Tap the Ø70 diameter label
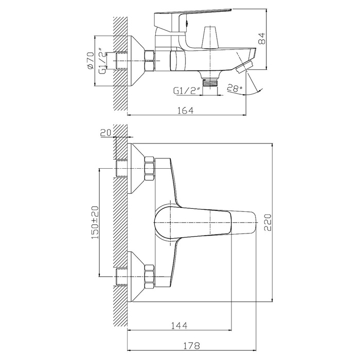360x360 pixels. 89,61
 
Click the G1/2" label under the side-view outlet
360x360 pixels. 186,91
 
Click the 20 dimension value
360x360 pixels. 106,133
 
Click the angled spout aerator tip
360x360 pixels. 247,65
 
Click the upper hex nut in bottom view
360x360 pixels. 150,170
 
